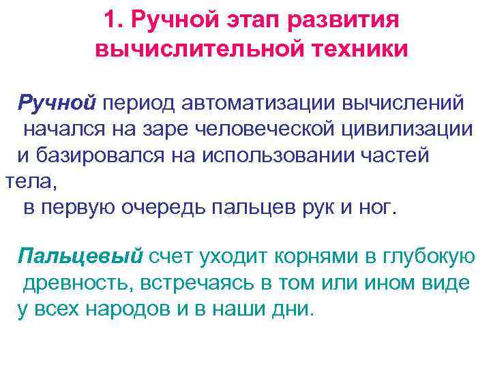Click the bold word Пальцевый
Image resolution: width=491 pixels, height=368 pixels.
(81, 256)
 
